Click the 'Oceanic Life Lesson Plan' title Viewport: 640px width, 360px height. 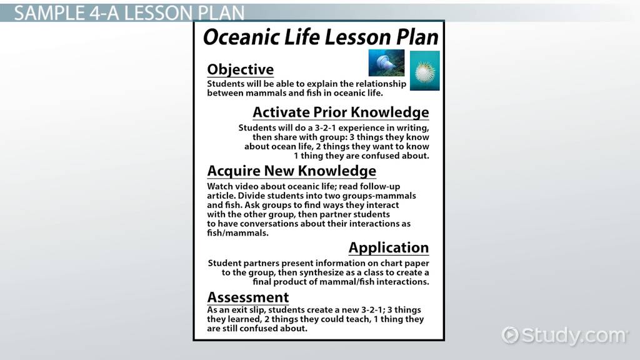(321, 37)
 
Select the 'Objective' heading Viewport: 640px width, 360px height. (241, 69)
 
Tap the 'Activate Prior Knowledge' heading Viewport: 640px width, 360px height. (341, 112)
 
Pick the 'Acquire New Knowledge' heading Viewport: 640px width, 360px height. (291, 171)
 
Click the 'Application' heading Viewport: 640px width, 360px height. (389, 247)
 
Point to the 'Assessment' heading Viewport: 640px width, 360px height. (247, 297)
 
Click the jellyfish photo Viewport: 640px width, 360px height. (386, 63)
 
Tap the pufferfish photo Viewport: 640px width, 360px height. (424, 71)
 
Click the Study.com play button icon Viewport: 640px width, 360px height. (510, 335)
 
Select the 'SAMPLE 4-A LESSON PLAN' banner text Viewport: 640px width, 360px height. (129, 13)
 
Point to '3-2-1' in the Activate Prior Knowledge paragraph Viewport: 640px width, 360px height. (325, 127)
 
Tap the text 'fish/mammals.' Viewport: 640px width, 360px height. (237, 233)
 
